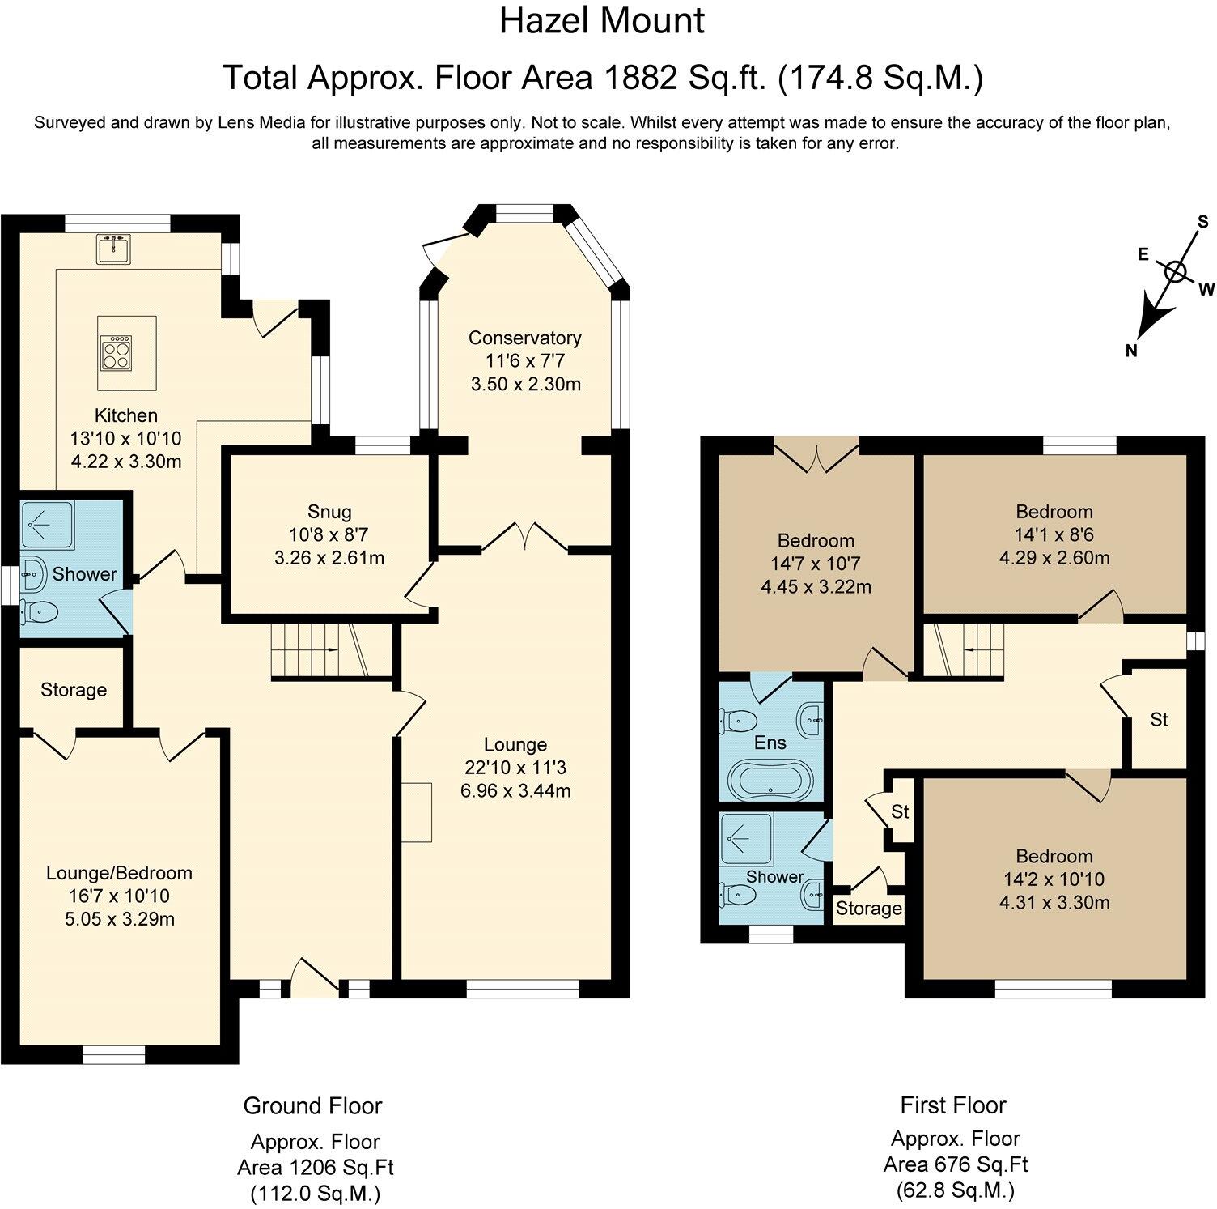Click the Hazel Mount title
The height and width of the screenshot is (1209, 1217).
[602, 20]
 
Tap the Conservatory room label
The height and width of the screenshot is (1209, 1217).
[525, 338]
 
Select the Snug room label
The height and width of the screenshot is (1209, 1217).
[329, 512]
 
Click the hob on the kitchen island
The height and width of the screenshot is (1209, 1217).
[114, 352]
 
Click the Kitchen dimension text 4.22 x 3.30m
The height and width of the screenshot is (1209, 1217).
[125, 462]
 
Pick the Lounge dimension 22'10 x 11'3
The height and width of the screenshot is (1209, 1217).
[515, 767]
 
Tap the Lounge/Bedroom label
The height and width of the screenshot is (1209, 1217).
[119, 873]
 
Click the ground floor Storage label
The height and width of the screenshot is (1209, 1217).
[74, 690]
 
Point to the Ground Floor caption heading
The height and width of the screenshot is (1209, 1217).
[312, 1105]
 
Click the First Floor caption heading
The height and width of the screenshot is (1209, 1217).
[953, 1105]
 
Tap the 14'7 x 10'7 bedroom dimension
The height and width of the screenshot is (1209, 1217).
[816, 564]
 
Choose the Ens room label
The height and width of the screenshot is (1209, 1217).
[770, 743]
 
